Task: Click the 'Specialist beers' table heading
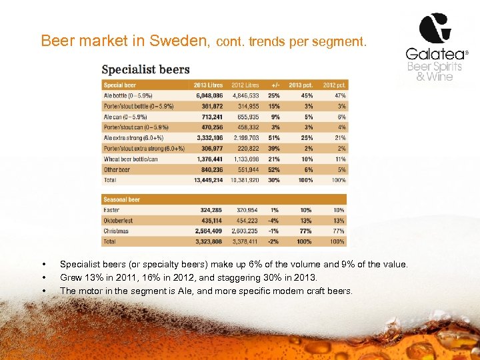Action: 145,69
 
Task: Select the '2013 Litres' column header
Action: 208,85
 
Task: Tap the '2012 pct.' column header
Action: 334,85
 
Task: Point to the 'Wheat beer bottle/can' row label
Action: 130,159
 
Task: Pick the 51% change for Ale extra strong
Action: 273,137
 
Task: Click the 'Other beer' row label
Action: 117,169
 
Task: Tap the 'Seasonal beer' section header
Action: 121,199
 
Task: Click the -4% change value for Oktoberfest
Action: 273,221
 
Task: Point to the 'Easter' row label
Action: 111,210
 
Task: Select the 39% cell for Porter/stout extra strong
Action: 273,148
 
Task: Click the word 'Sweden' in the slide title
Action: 180,41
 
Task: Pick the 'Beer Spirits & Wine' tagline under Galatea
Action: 434,71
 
